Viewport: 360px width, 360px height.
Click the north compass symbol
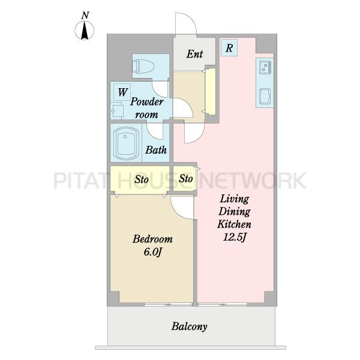(x=85, y=31)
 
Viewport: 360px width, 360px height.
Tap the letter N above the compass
(x=85, y=16)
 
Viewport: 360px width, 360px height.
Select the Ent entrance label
(x=194, y=54)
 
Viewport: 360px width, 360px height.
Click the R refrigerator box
(x=229, y=48)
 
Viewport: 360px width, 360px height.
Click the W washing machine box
(x=122, y=92)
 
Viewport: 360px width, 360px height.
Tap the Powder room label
(x=147, y=108)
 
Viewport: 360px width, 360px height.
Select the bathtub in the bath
(x=125, y=143)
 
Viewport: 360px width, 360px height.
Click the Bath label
(x=156, y=150)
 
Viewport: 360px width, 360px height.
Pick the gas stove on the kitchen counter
(x=265, y=67)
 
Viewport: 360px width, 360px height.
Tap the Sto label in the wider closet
(x=142, y=179)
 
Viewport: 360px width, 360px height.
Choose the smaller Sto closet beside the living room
(x=185, y=178)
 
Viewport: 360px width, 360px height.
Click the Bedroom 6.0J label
(x=152, y=245)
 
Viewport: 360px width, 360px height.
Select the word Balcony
(x=190, y=326)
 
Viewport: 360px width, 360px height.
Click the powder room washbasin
(x=117, y=111)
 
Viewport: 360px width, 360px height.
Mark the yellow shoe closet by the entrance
(x=211, y=91)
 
